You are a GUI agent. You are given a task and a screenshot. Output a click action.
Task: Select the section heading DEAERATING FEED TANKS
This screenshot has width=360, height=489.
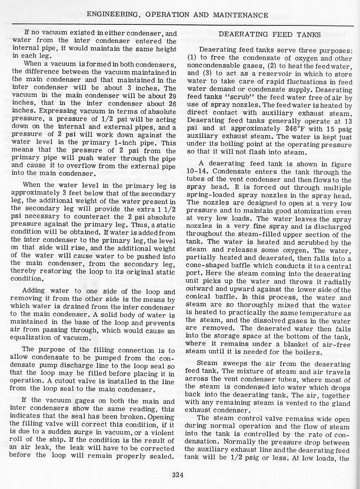(269, 34)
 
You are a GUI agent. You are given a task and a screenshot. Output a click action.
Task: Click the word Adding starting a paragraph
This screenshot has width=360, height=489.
(35, 292)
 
